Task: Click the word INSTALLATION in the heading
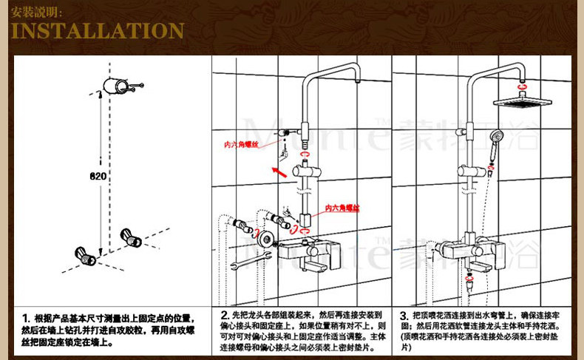click(98, 32)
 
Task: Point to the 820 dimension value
click(98, 177)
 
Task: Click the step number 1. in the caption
click(25, 316)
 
